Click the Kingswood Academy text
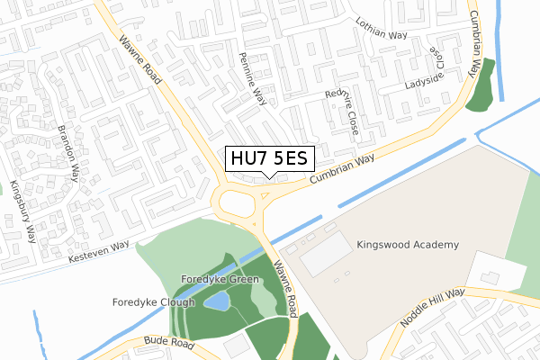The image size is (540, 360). pyautogui.click(x=408, y=245)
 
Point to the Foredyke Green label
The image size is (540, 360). pyautogui.click(x=220, y=280)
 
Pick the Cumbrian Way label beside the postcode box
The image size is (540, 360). pyautogui.click(x=342, y=171)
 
